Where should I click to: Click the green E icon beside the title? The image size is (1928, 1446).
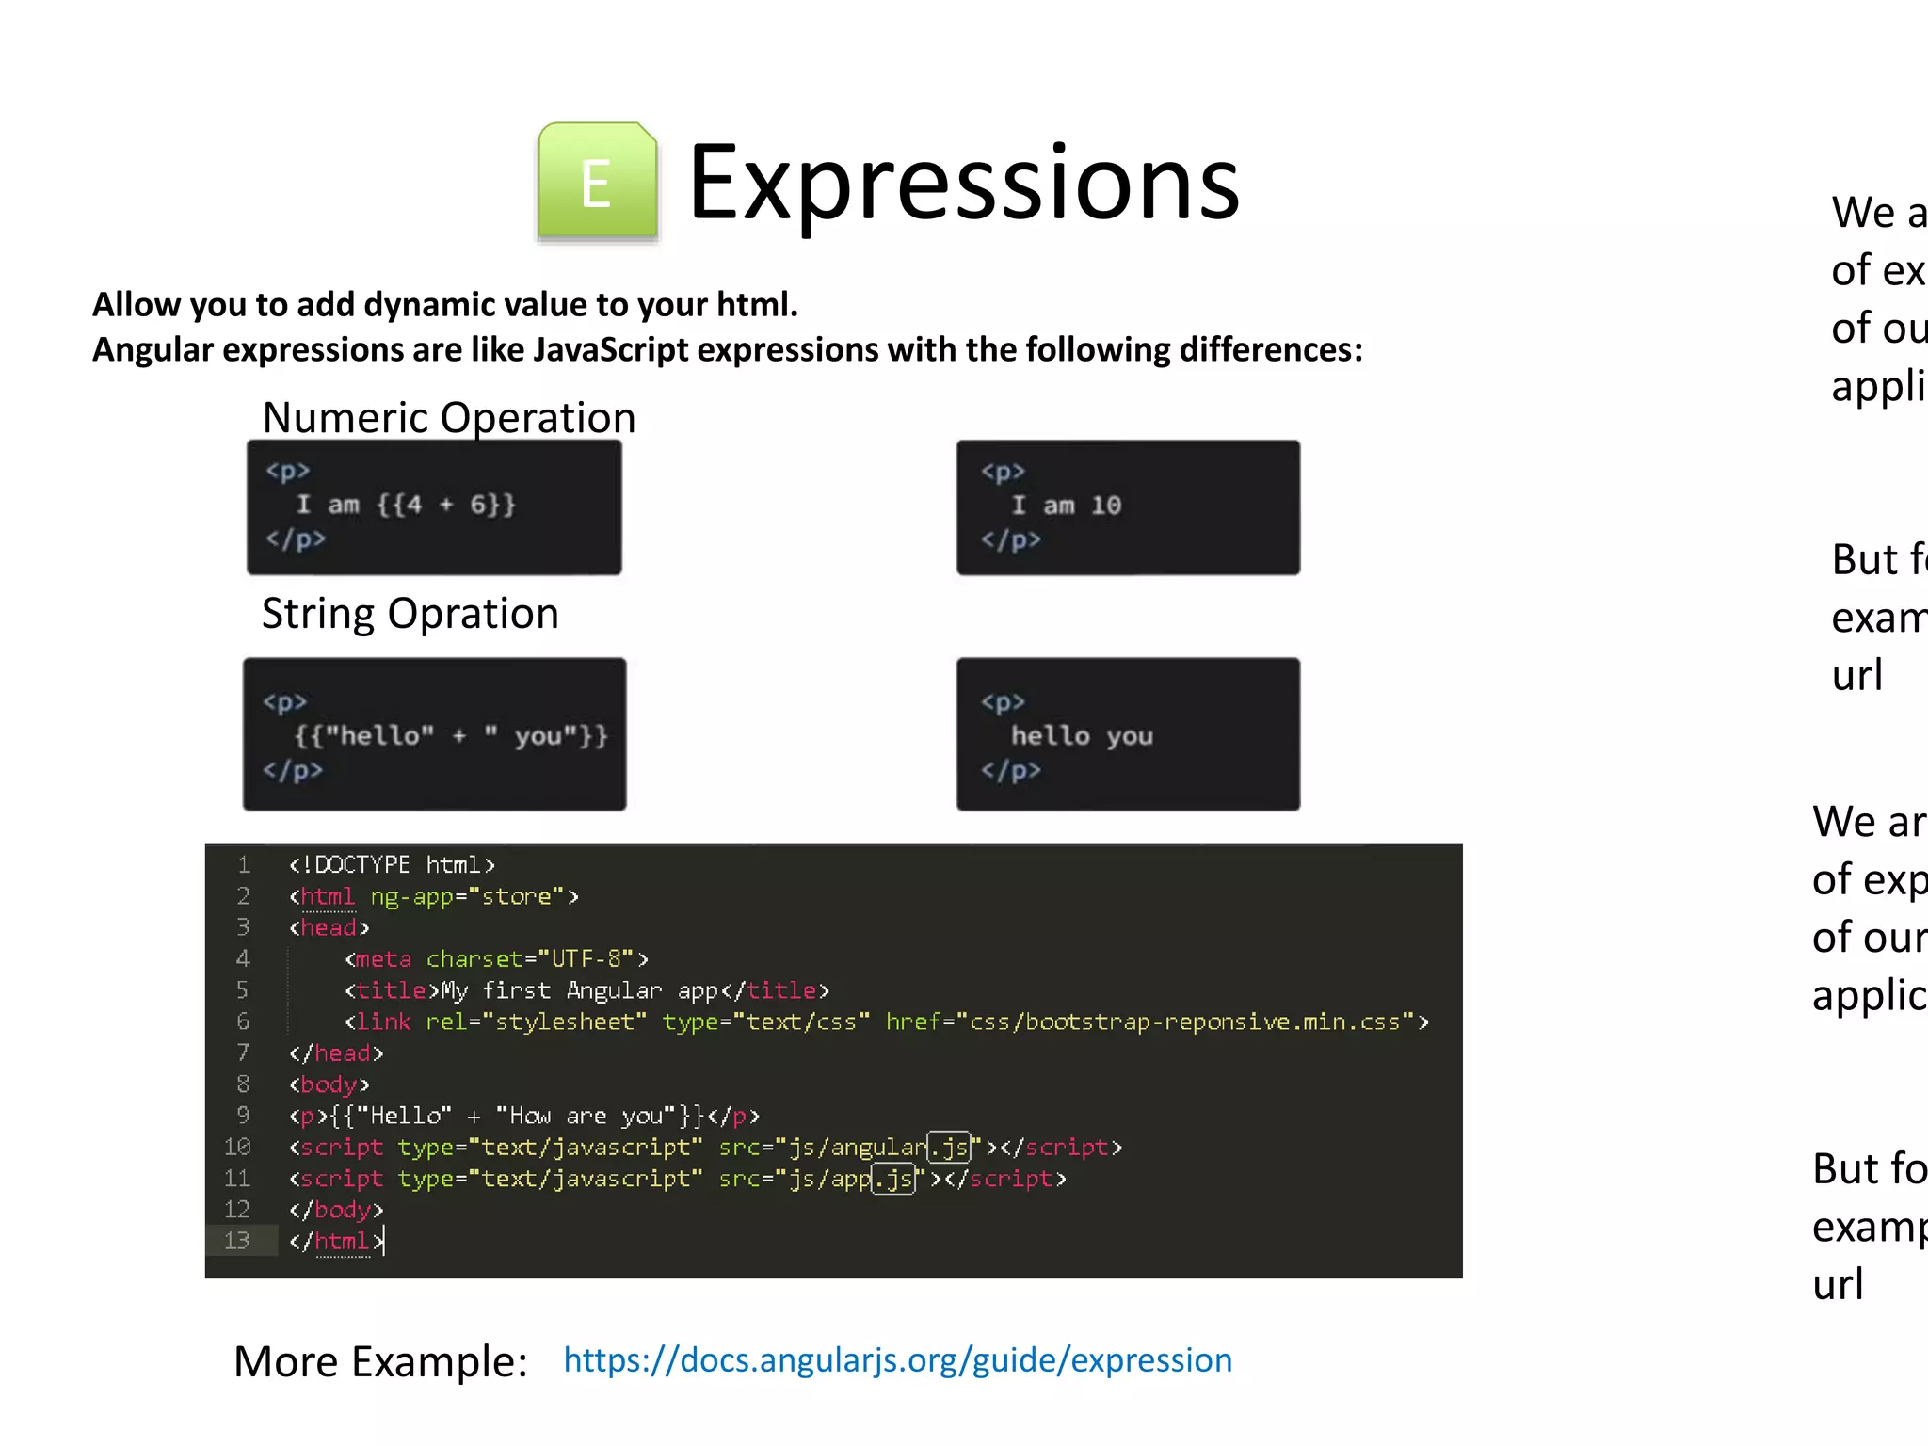(x=597, y=182)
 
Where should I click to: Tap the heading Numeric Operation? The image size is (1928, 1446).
(x=448, y=417)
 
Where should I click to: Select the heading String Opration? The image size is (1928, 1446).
(x=410, y=614)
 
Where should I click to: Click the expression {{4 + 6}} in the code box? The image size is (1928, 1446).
(x=446, y=505)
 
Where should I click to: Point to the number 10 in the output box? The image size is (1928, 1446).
(x=1106, y=506)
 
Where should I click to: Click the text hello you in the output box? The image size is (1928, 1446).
(x=1082, y=736)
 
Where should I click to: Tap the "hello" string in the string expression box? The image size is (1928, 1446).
(x=379, y=735)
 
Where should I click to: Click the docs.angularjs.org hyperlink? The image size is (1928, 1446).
(x=897, y=1360)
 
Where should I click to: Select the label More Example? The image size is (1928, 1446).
(x=380, y=1362)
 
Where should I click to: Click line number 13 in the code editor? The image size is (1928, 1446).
(x=237, y=1241)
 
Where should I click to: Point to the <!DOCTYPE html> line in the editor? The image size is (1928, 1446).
(x=392, y=864)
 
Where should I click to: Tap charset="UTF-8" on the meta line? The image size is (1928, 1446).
(x=530, y=959)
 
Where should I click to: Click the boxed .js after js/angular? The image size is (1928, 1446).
(x=949, y=1147)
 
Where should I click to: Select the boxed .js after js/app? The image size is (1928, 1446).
(x=893, y=1179)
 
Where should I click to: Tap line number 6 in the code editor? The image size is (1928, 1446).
(x=242, y=1021)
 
